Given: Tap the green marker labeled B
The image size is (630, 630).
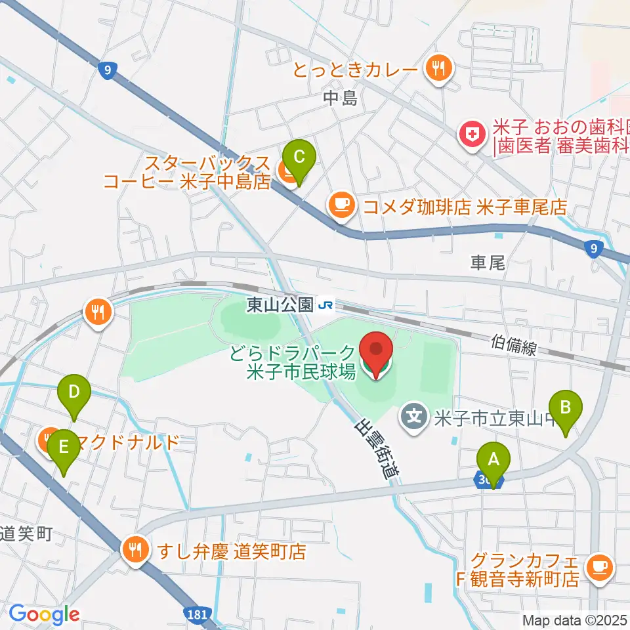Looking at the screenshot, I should (566, 408).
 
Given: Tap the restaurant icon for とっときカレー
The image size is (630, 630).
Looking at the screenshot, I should (436, 68).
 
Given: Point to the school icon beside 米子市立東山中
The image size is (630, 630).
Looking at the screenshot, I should (415, 415).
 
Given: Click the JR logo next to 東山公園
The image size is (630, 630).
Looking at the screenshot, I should (325, 304).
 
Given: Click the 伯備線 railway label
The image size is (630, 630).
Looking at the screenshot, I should (514, 345).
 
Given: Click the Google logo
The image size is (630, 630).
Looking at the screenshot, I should (44, 615).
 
